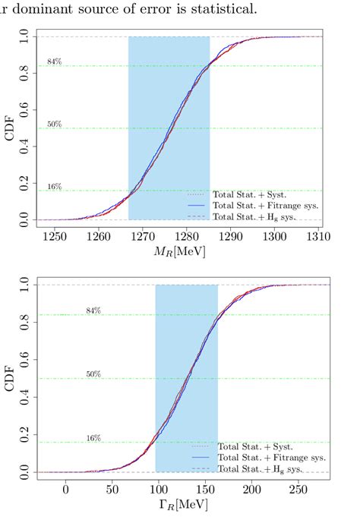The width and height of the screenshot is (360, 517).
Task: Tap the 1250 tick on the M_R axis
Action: pos(54,238)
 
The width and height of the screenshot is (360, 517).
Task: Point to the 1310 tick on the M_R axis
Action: pos(319,238)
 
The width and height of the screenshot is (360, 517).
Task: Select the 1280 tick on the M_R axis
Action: pos(186,238)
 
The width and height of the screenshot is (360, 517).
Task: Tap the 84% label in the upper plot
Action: pos(54,61)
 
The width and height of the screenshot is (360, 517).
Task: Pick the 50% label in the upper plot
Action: pos(54,124)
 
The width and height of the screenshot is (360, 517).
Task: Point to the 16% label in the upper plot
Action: pos(54,186)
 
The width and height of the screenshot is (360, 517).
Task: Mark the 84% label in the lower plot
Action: pos(93,311)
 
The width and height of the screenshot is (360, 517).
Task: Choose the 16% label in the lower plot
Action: pos(93,438)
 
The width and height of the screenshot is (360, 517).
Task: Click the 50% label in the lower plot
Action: pos(93,374)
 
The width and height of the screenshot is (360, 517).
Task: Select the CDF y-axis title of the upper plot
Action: pos(10,128)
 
